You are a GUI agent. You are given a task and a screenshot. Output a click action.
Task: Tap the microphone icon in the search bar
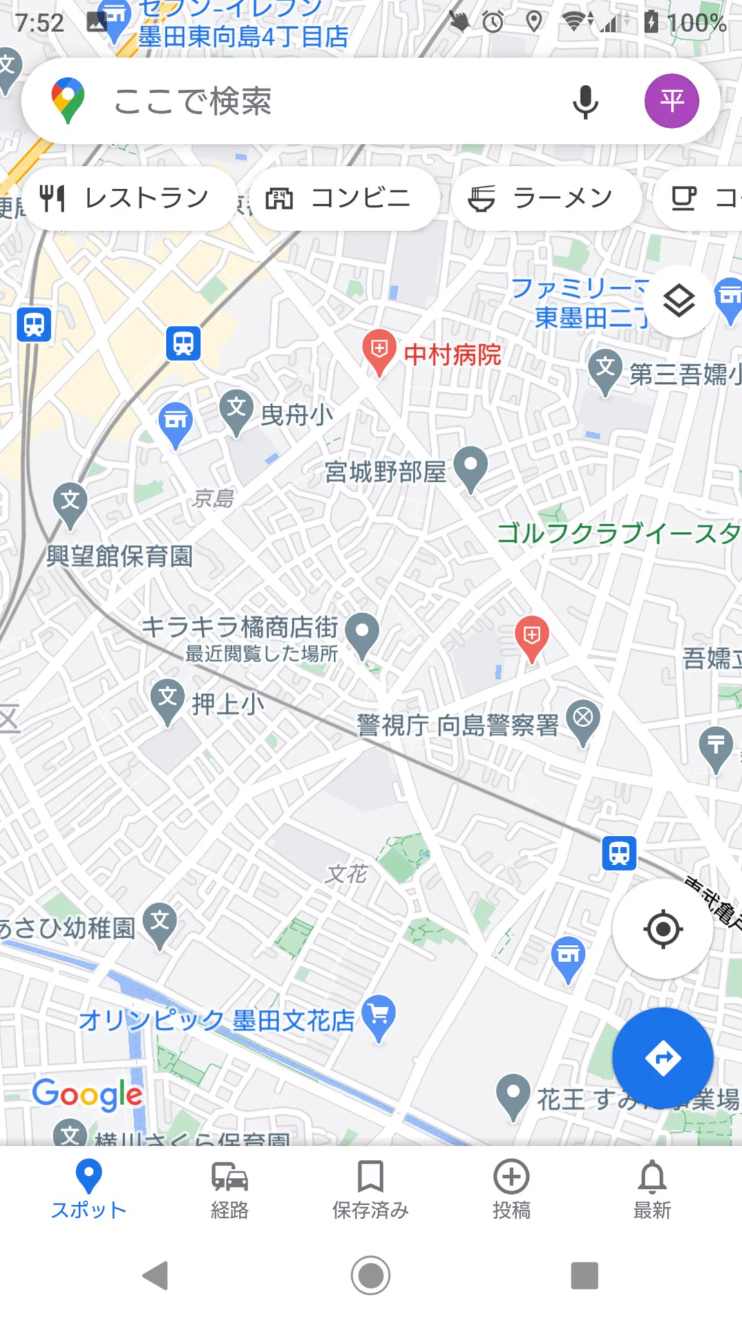pyautogui.click(x=585, y=102)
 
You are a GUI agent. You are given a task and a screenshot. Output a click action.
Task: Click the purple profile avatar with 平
pyautogui.click(x=672, y=101)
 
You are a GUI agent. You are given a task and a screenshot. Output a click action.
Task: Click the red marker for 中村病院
pyautogui.click(x=379, y=350)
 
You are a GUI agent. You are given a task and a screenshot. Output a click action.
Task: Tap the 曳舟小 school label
pyautogui.click(x=297, y=415)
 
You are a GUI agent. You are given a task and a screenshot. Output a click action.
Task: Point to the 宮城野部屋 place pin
pyautogui.click(x=471, y=466)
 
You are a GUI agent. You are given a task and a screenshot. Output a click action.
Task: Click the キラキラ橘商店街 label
pyautogui.click(x=240, y=627)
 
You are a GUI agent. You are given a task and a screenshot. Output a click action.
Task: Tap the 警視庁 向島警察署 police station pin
pyautogui.click(x=583, y=719)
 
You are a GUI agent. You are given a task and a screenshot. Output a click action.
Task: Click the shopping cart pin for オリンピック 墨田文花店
pyautogui.click(x=379, y=1016)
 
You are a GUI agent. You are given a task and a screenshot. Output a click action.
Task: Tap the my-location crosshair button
pyautogui.click(x=663, y=929)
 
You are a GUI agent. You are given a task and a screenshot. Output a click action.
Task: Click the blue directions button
pyautogui.click(x=663, y=1058)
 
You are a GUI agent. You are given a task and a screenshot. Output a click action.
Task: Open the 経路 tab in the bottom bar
pyautogui.click(x=229, y=1190)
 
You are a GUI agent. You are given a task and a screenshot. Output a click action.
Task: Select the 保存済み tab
pyautogui.click(x=370, y=1190)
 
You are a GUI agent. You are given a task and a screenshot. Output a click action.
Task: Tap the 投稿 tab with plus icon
pyautogui.click(x=511, y=1190)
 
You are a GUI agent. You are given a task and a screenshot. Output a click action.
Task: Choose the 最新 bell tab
pyautogui.click(x=652, y=1190)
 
